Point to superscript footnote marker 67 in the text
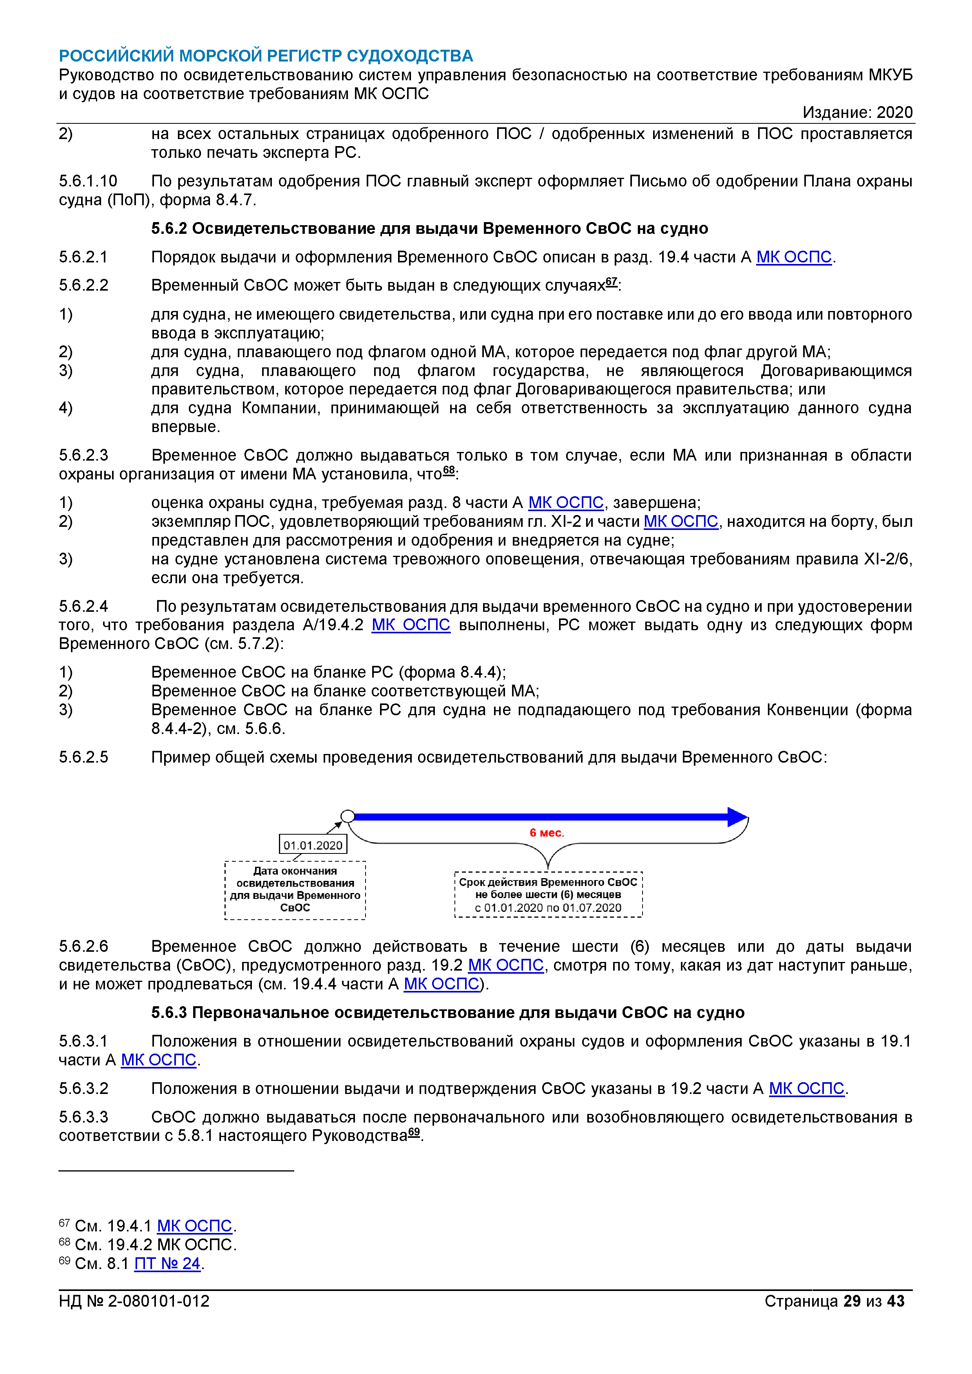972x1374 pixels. tap(611, 281)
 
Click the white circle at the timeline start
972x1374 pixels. tap(347, 816)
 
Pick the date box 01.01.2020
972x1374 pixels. tap(313, 845)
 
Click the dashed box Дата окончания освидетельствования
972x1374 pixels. tap(295, 889)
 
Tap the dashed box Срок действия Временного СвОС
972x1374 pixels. tap(548, 895)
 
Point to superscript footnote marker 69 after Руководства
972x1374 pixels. tap(414, 1132)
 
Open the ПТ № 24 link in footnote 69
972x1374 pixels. tap(167, 1263)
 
